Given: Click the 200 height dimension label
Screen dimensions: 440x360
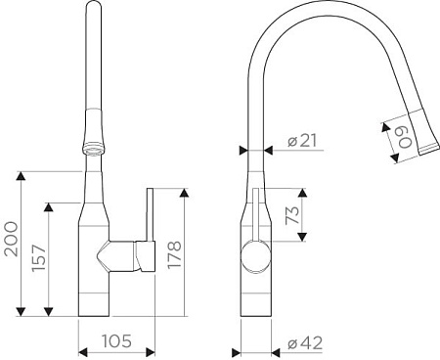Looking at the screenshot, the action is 11,239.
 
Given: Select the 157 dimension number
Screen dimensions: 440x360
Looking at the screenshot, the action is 39,257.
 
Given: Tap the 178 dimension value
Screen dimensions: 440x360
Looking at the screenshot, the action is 174,254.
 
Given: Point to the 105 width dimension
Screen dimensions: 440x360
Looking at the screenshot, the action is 116,341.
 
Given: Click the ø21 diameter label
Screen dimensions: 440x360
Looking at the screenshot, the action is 302,141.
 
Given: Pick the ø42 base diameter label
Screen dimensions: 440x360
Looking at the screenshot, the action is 305,343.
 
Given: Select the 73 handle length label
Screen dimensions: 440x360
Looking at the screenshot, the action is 292,215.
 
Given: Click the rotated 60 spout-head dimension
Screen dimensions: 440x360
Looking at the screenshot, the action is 406,137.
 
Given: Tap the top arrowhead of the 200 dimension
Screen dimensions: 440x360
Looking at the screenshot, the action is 21,176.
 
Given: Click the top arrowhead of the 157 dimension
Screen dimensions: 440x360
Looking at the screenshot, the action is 49,207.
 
